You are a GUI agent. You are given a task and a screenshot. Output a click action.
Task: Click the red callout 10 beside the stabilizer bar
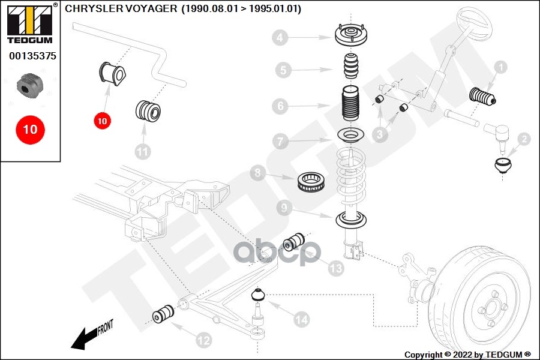pyautogui.click(x=102, y=121)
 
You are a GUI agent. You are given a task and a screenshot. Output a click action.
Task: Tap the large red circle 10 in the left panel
pyautogui.click(x=31, y=130)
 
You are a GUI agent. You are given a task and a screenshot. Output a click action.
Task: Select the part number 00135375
pyautogui.click(x=33, y=56)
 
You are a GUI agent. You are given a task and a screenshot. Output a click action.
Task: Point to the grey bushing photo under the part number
pyautogui.click(x=30, y=86)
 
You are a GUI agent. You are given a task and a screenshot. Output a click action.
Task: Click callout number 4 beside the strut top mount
pyautogui.click(x=280, y=37)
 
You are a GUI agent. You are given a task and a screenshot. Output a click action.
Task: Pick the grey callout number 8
pyautogui.click(x=258, y=172)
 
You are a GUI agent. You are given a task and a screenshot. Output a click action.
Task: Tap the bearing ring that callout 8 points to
pyautogui.click(x=311, y=182)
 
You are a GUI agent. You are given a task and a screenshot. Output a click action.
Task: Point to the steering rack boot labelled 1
pyautogui.click(x=482, y=97)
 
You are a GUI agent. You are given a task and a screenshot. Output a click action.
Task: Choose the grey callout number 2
pyautogui.click(x=524, y=139)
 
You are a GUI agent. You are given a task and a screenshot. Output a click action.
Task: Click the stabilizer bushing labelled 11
pyautogui.click(x=148, y=110)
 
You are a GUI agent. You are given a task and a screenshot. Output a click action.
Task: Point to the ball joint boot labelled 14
pyautogui.click(x=257, y=294)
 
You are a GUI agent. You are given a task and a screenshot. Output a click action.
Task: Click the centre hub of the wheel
pyautogui.click(x=490, y=308)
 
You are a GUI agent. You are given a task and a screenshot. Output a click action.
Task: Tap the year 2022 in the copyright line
pyautogui.click(x=462, y=355)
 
